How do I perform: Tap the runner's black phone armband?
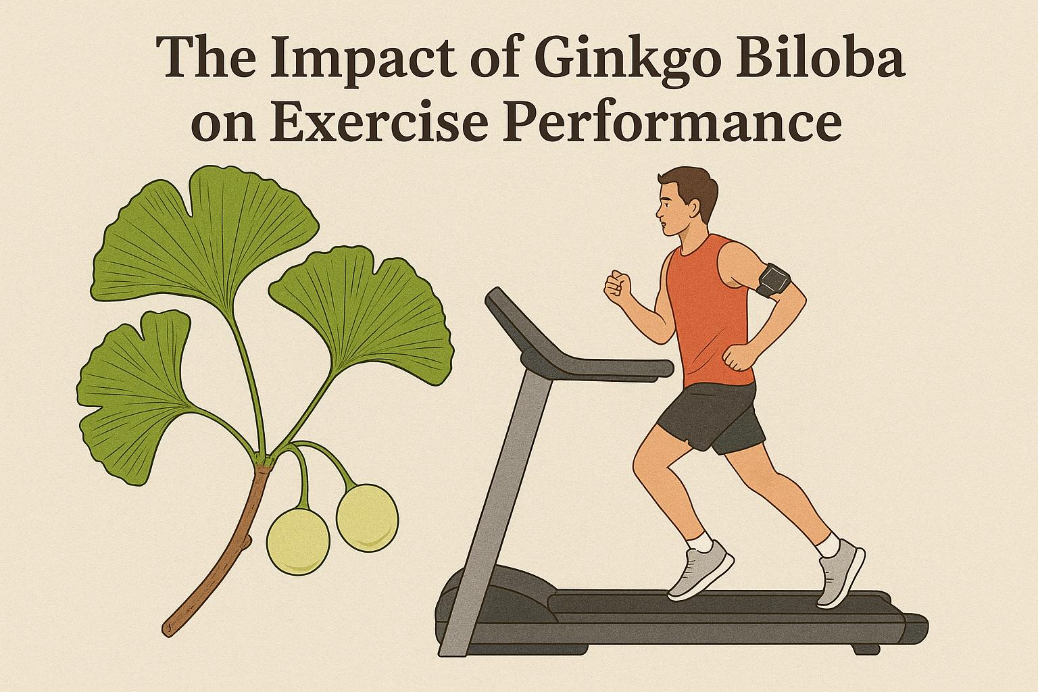(x=772, y=280)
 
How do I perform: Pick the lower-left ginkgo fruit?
(x=298, y=541)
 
